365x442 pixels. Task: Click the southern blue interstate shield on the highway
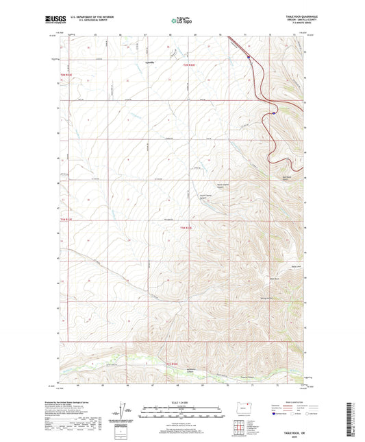273,113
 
